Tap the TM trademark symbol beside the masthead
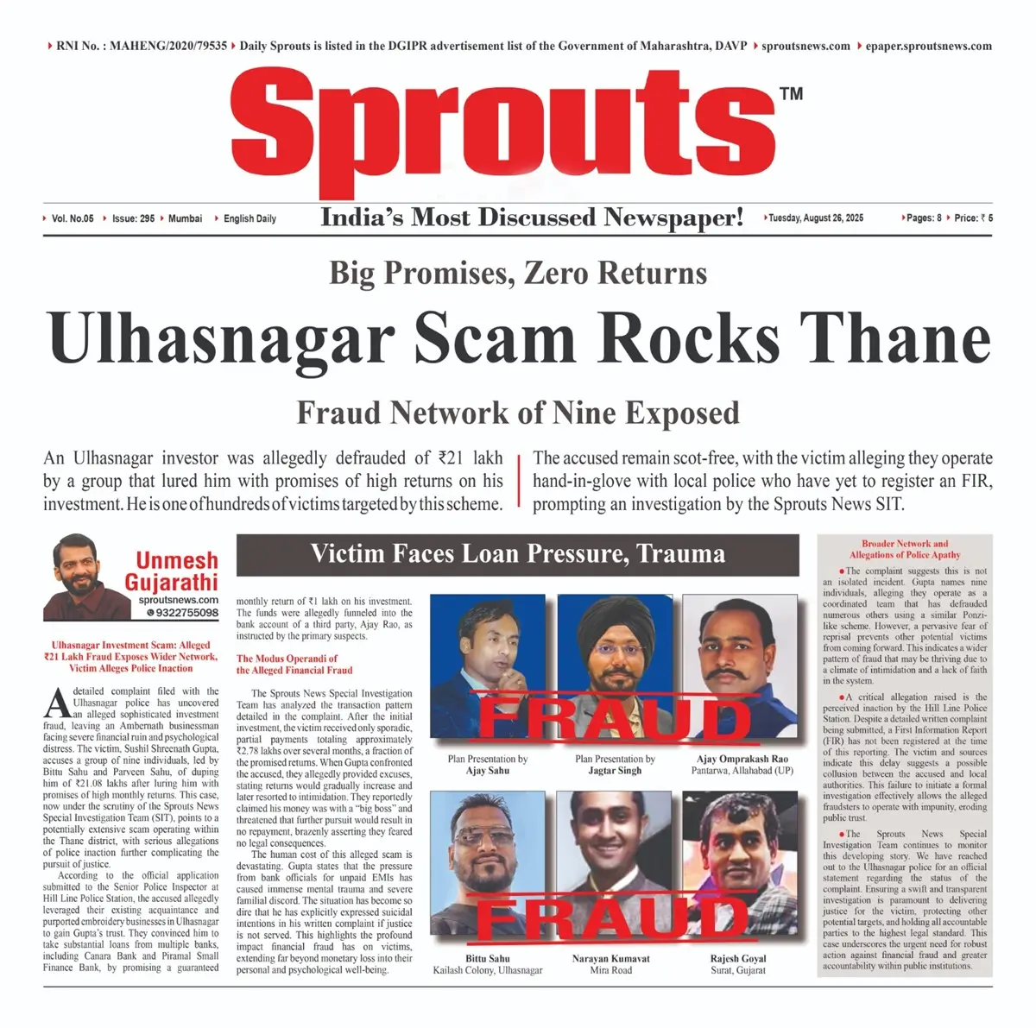(x=791, y=94)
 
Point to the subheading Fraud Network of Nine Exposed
(x=518, y=413)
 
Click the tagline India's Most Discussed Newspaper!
(x=532, y=218)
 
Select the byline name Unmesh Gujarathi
(x=176, y=571)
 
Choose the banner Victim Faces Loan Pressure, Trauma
(x=518, y=554)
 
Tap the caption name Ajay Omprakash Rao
(x=742, y=760)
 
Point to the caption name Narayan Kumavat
(x=610, y=958)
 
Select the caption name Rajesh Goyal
(x=738, y=958)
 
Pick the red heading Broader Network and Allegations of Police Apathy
(x=904, y=550)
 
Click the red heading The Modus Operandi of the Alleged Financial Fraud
(x=287, y=665)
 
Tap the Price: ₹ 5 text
(x=973, y=218)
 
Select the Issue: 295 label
(x=133, y=218)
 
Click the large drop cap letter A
(x=57, y=703)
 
